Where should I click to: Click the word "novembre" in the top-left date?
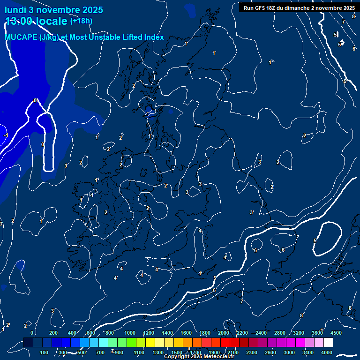[53, 10]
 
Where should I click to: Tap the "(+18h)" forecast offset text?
[81, 21]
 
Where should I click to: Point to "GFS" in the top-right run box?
[259, 8]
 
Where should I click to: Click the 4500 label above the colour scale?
[336, 332]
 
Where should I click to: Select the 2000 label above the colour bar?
[224, 332]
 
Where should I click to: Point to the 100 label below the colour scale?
[45, 352]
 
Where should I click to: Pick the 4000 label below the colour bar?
[327, 352]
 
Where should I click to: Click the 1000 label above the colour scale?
[130, 332]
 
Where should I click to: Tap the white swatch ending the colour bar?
[328, 343]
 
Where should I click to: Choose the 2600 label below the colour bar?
[270, 352]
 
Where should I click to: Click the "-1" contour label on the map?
[6, 135]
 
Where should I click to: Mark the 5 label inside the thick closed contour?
[315, 241]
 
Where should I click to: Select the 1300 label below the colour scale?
[158, 352]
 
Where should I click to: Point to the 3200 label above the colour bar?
[299, 332]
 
